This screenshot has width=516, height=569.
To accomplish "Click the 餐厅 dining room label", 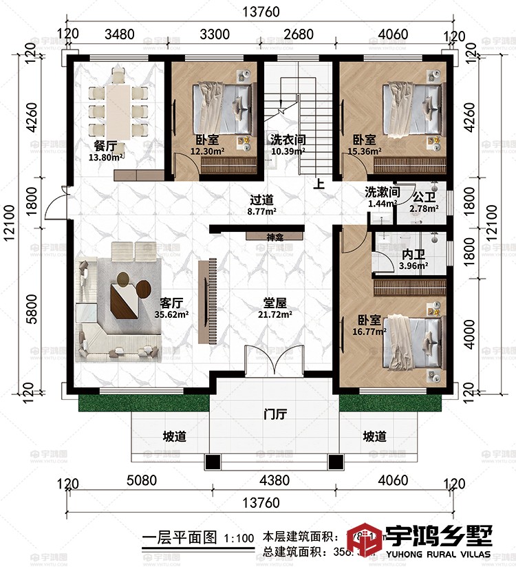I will [x=105, y=145].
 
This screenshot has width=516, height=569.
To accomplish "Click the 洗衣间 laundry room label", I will [x=288, y=139].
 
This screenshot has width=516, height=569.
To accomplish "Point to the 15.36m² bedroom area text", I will [x=361, y=151].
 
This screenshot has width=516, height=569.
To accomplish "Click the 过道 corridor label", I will [x=262, y=200].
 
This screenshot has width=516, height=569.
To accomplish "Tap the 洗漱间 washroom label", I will [x=382, y=192].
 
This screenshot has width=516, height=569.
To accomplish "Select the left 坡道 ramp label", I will [x=173, y=436].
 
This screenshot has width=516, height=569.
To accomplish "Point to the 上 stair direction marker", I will [x=319, y=184].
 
